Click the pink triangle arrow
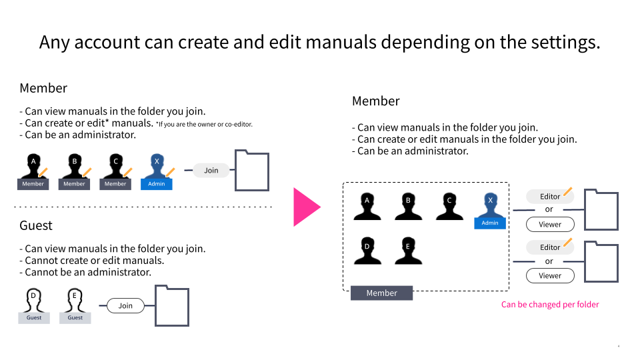(x=306, y=207)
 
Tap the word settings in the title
(x=565, y=42)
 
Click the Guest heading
(x=36, y=225)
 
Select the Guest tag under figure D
(x=34, y=317)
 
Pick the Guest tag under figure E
(x=75, y=317)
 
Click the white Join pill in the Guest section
(x=125, y=306)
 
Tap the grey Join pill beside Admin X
(x=211, y=171)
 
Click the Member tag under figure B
(x=74, y=184)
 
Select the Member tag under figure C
(x=115, y=184)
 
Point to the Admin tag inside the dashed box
(x=490, y=223)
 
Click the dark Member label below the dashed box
(x=381, y=293)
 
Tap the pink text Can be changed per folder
(x=550, y=305)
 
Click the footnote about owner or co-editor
(x=204, y=124)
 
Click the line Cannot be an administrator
(x=85, y=272)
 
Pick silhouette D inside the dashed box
(x=367, y=248)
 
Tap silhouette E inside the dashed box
(x=408, y=248)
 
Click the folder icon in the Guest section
(x=172, y=306)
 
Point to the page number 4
(x=619, y=347)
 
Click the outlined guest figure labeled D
(x=34, y=300)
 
